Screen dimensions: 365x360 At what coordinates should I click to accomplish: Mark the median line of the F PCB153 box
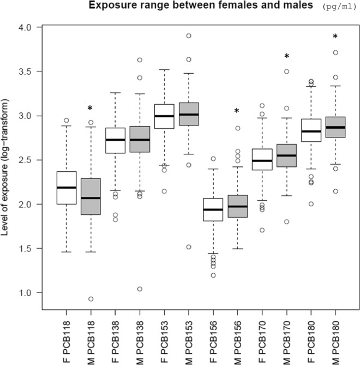(164, 116)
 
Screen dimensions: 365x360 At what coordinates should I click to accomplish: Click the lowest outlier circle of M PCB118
(91, 299)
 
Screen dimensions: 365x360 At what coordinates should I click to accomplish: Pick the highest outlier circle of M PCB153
(189, 35)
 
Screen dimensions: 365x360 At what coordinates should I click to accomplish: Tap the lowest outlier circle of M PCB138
(140, 289)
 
